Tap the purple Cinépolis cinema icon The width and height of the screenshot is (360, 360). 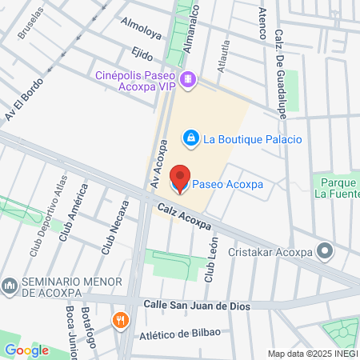tap(187, 78)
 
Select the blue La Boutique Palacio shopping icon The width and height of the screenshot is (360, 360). tap(191, 139)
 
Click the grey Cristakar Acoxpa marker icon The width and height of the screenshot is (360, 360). tap(325, 252)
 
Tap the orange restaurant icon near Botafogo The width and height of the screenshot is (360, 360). tap(121, 320)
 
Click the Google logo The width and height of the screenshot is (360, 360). tap(26, 350)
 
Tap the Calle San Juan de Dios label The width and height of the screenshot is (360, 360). tap(197, 306)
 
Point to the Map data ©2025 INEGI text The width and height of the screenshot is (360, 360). tap(312, 354)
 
